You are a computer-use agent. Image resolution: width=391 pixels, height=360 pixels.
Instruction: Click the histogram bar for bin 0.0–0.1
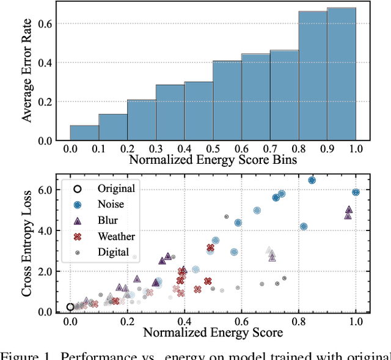tap(84, 133)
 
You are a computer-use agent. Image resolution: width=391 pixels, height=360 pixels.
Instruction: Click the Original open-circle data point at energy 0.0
tap(70, 307)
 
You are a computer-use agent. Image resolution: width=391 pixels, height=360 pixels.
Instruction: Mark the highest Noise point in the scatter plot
tap(312, 180)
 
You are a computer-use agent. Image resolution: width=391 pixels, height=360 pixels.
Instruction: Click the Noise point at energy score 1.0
tap(356, 192)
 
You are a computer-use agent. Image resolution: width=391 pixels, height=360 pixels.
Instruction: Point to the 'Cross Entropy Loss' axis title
tap(27, 243)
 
